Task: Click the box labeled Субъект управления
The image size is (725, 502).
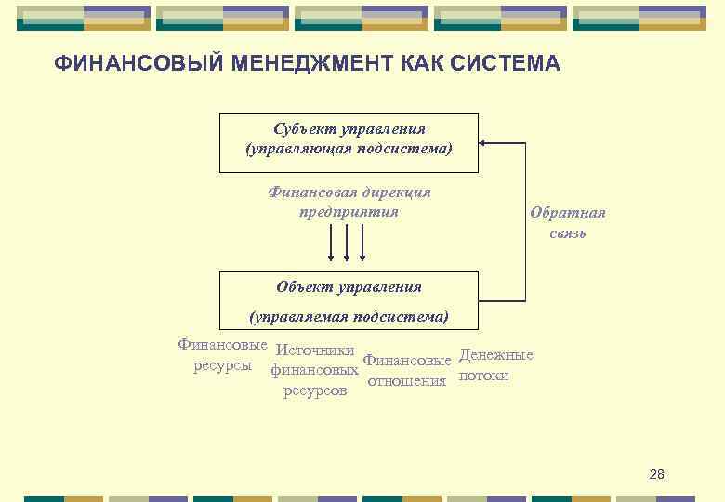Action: pos(349,142)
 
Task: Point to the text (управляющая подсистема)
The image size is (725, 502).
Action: pos(349,150)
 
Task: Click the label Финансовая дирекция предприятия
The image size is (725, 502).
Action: pos(349,202)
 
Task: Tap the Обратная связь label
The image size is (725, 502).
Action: pos(567,222)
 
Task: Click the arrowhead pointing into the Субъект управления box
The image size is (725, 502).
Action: pos(484,143)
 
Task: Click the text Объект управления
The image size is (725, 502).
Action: pos(349,287)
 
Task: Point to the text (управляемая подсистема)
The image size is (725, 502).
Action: pos(349,317)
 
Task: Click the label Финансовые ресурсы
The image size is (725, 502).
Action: pos(222,354)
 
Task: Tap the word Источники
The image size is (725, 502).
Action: pos(315,351)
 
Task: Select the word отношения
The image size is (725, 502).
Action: pos(407,380)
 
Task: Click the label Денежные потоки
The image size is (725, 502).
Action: pos(495,365)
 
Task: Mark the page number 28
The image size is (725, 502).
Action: pos(656,474)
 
